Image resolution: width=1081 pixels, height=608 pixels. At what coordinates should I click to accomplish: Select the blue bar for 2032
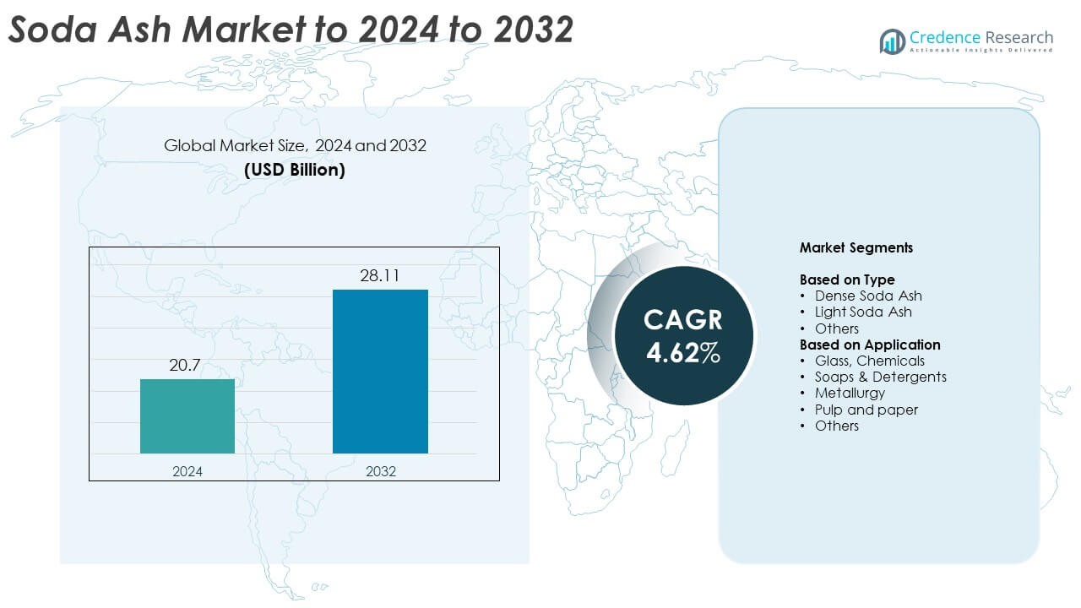[x=380, y=372]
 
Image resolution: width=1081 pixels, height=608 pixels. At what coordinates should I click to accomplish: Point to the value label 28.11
[x=380, y=275]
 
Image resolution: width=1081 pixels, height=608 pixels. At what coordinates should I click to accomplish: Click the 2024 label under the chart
[x=187, y=471]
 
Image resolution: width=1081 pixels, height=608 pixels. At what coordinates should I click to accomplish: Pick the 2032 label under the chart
[x=380, y=471]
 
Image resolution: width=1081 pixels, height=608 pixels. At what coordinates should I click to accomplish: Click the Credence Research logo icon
[x=892, y=40]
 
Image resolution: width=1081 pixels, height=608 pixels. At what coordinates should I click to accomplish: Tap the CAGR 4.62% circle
[x=682, y=335]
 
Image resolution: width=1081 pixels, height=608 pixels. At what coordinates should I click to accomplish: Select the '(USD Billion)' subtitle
[x=295, y=169]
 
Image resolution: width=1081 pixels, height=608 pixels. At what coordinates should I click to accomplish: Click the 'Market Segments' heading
[x=856, y=248]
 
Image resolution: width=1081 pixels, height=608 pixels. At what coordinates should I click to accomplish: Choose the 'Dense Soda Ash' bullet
[x=867, y=296]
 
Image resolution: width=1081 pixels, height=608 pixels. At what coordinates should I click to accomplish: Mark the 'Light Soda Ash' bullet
[x=863, y=312]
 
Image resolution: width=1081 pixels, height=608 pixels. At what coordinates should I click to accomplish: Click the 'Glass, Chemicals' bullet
[x=869, y=361]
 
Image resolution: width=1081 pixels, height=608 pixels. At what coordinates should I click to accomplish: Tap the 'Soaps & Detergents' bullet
[x=880, y=377]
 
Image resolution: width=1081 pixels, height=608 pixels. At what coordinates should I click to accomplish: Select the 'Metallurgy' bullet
[x=850, y=393]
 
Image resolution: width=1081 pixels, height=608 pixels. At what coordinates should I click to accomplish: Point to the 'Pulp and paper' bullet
[x=866, y=410]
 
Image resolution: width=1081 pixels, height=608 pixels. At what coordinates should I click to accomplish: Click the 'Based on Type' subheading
[x=847, y=280]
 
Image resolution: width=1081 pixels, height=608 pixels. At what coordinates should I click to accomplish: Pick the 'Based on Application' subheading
[x=870, y=345]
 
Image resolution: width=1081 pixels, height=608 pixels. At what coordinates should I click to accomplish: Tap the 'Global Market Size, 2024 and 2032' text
[x=295, y=145]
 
